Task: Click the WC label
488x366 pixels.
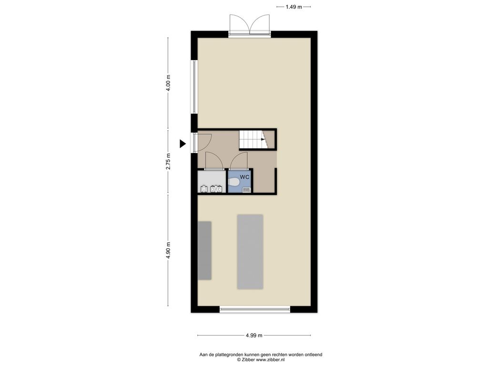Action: [244, 177]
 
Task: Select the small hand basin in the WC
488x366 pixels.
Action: [247, 190]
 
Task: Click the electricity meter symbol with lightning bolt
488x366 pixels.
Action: [216, 189]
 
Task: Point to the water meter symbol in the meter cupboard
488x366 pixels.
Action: [204, 189]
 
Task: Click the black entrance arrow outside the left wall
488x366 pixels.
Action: [183, 143]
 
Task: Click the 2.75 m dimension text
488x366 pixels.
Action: [168, 162]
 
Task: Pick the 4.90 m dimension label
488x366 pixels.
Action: [168, 250]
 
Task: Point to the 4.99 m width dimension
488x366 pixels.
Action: [254, 335]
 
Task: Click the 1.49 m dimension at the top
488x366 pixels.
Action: [294, 7]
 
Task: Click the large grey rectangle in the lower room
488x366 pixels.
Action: [250, 252]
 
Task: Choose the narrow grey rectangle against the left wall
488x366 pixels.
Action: [205, 251]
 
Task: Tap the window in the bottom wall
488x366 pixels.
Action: [255, 309]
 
